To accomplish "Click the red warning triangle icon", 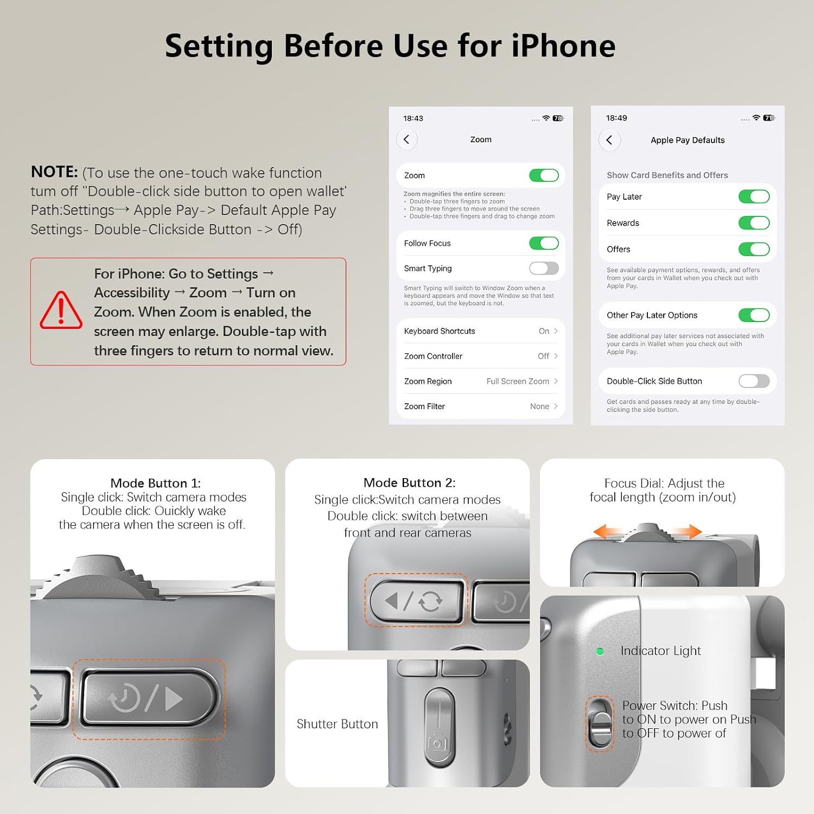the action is (61, 310).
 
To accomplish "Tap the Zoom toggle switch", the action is (544, 175).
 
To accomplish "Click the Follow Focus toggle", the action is (544, 243).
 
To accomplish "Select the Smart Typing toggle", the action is (544, 268).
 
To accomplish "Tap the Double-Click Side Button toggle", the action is (754, 381).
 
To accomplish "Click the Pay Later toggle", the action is (754, 196).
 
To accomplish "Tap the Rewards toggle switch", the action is (754, 223).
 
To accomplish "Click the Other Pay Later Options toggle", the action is (754, 315).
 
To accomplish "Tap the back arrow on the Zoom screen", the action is (406, 139).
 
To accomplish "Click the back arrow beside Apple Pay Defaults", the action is (609, 140).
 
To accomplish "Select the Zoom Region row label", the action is (428, 381).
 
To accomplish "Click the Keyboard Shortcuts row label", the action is (440, 331).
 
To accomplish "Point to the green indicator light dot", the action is (600, 651).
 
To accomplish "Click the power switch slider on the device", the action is (600, 723).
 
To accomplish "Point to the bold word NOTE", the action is (54, 172).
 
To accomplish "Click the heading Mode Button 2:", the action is (410, 482).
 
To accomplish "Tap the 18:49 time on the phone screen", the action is (616, 118).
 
